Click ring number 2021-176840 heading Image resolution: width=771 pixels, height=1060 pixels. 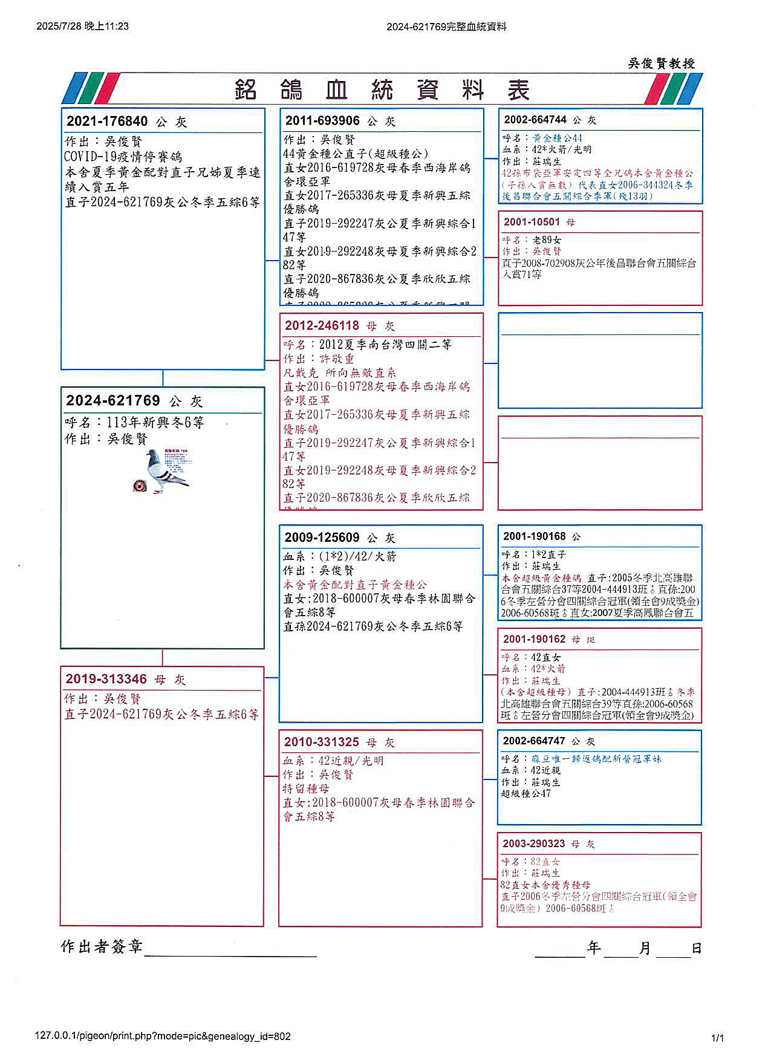(107, 121)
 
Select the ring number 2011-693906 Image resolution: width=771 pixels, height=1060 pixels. (322, 120)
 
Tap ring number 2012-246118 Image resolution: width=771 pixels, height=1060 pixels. (322, 325)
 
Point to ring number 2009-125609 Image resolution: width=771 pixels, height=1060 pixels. (322, 537)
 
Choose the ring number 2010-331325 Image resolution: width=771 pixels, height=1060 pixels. (322, 741)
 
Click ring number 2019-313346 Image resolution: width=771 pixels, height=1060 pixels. (106, 678)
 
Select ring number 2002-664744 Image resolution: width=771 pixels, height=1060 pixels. (535, 120)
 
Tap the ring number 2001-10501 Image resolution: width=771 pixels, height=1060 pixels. (532, 222)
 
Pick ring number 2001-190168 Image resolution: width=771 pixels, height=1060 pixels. (534, 536)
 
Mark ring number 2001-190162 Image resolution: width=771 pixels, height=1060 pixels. (534, 639)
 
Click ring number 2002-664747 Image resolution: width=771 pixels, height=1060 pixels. (534, 741)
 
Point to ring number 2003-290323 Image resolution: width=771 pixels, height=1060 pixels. (534, 843)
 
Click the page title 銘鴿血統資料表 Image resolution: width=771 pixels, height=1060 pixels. (382, 90)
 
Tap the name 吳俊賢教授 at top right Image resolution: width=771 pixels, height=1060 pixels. (662, 63)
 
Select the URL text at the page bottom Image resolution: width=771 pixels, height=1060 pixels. (163, 1036)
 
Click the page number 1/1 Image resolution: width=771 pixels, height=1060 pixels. (717, 1038)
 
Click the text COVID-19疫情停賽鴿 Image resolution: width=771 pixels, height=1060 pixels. (123, 157)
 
